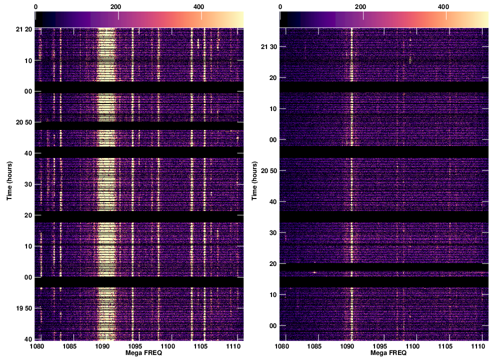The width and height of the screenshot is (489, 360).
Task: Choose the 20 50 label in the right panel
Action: [x=268, y=171]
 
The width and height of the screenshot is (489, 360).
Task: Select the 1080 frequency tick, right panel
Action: [x=282, y=346]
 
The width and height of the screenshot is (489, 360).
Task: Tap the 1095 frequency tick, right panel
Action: [x=380, y=346]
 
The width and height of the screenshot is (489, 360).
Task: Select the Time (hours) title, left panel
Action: [x=9, y=181]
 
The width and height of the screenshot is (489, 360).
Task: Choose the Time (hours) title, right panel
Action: [x=254, y=181]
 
